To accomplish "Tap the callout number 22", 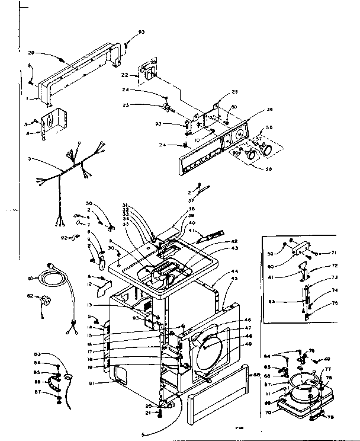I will [x=126, y=75].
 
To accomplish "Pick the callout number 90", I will [x=236, y=153].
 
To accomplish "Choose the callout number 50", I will [x=89, y=203].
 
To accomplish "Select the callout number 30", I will [x=110, y=247].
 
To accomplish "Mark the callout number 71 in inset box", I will [x=333, y=253].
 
